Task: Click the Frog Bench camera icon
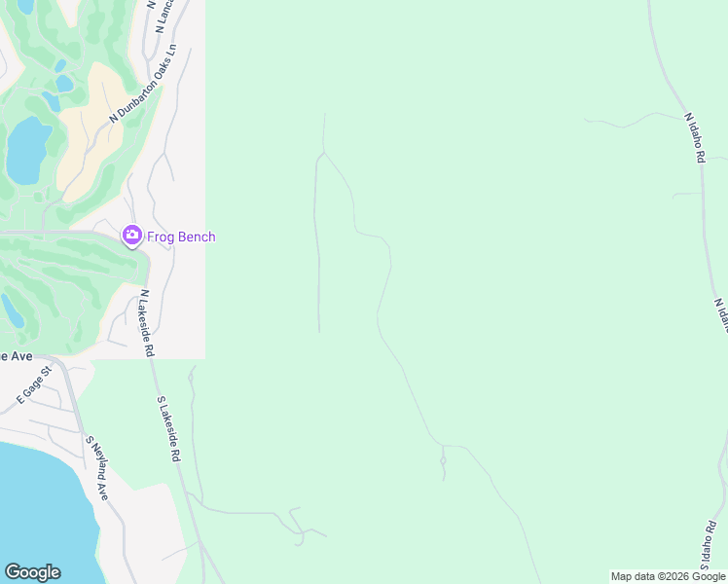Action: click(x=131, y=236)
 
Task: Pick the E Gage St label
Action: click(x=33, y=385)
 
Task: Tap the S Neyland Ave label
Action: click(x=96, y=467)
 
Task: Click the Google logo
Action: click(x=32, y=572)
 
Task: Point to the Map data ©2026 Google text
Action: click(x=668, y=576)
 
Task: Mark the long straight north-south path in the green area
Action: click(x=317, y=253)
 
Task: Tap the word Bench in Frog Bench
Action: click(x=198, y=237)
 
